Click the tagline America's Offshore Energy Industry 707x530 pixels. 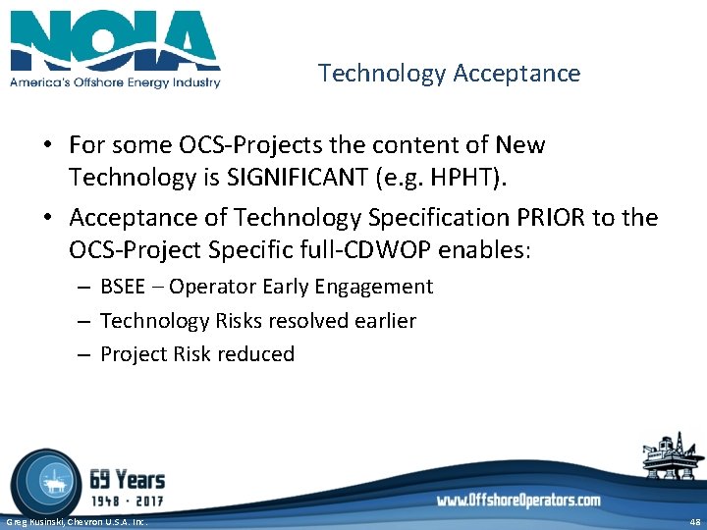115,82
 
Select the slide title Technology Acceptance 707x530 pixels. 449,74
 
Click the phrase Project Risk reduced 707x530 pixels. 197,354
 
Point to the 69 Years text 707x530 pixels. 127,480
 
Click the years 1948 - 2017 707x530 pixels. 127,501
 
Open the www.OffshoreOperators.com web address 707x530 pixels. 518,501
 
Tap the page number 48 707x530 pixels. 694,522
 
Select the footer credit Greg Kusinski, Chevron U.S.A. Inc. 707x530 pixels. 77,522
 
